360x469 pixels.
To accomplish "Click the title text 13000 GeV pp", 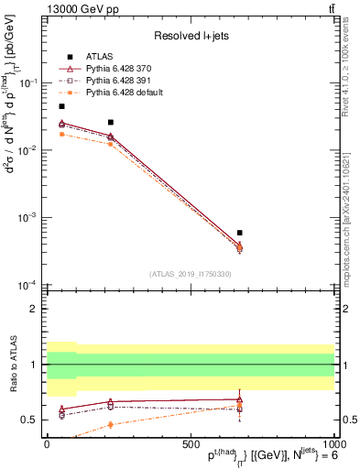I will pos(80,9).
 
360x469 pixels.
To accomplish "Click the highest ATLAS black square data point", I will pos(61,106).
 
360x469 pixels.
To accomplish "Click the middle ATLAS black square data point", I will pos(111,122).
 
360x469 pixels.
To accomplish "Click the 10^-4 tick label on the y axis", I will pos(29,285).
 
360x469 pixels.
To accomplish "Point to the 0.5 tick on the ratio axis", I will pos(33,420).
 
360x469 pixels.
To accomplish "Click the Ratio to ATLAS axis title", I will pos(12,364).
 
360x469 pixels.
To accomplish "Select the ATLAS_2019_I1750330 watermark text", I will pos(190,274).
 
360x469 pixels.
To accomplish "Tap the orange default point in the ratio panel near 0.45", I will pos(111,424).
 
